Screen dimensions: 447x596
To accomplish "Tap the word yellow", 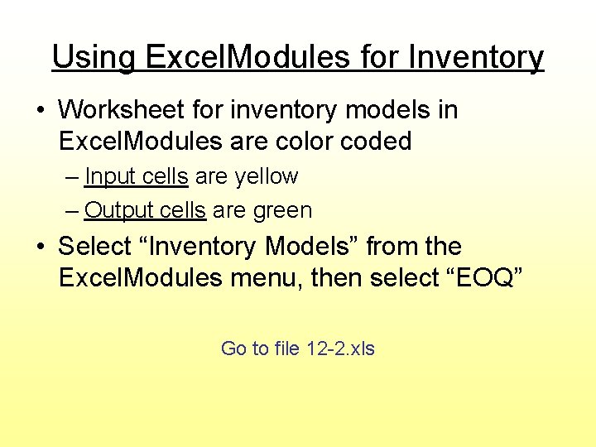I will click(266, 176).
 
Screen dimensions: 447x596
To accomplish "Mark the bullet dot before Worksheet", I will click(42, 110).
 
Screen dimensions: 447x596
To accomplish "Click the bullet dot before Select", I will click(42, 247).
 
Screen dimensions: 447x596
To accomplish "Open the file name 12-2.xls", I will click(340, 348).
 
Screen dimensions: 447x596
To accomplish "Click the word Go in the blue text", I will click(233, 348).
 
